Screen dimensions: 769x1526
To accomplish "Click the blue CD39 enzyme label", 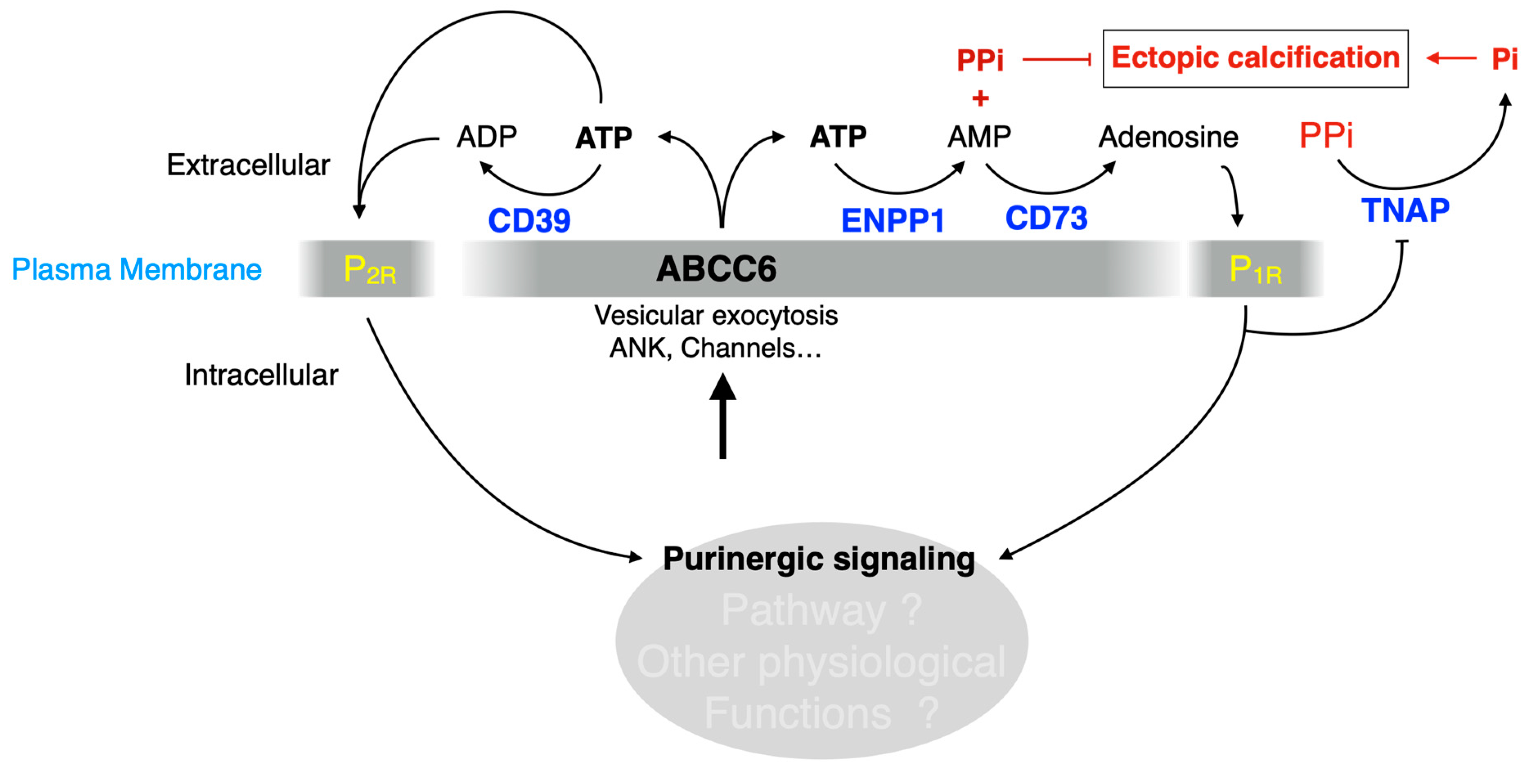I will click(x=529, y=221).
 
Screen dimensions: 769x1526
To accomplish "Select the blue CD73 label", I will click(x=1046, y=218).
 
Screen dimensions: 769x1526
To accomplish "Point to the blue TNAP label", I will click(x=1405, y=211).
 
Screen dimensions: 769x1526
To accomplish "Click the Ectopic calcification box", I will click(x=1255, y=58).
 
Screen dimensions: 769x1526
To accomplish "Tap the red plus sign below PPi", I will click(x=980, y=98).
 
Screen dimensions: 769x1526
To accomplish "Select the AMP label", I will click(x=979, y=137).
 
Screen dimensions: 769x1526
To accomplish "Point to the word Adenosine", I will click(x=1168, y=137).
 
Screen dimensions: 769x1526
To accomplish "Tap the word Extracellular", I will click(x=248, y=165).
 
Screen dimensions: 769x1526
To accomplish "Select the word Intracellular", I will click(x=261, y=375).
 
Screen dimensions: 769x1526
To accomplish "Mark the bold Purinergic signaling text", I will click(x=819, y=559).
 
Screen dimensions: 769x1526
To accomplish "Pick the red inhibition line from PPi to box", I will click(x=1056, y=59).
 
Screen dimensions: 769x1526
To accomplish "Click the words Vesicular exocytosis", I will click(x=716, y=316).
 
